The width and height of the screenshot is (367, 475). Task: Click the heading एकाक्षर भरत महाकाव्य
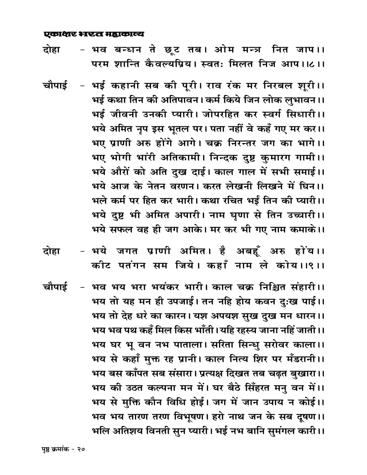pos(94,34)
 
